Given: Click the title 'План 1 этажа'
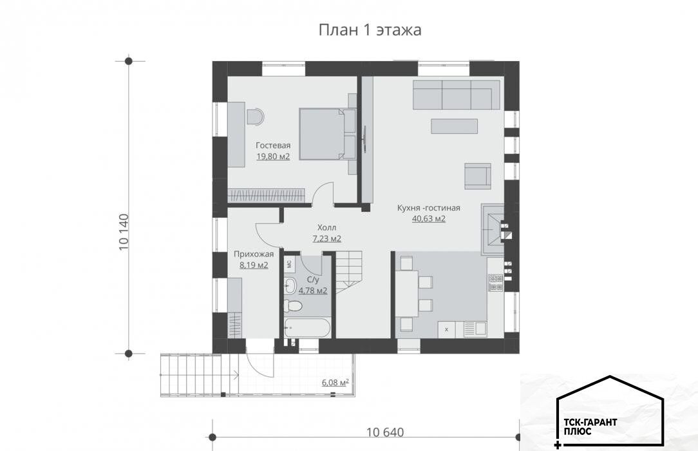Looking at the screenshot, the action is (370, 30).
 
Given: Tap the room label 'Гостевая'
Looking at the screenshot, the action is (273, 145).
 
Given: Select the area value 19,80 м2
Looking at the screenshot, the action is (273, 157).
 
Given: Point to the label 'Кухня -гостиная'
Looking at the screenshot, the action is (429, 207).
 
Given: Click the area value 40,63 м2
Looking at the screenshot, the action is (429, 218).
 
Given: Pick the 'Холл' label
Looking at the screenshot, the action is (326, 227).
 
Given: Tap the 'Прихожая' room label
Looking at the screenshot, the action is (254, 254).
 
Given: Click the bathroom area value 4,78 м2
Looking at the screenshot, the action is (313, 291).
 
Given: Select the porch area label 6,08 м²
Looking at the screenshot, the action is (335, 383).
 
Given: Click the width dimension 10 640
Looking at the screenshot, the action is (386, 432).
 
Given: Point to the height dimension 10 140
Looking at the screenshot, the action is (124, 232).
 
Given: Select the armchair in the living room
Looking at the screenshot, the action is (478, 175).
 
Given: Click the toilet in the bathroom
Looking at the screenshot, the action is (293, 306).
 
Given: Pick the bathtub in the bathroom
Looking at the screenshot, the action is (307, 328).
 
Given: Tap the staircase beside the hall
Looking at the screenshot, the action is (350, 272).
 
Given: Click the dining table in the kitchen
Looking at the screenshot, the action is (408, 293).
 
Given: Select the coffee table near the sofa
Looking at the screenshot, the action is (454, 126).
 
